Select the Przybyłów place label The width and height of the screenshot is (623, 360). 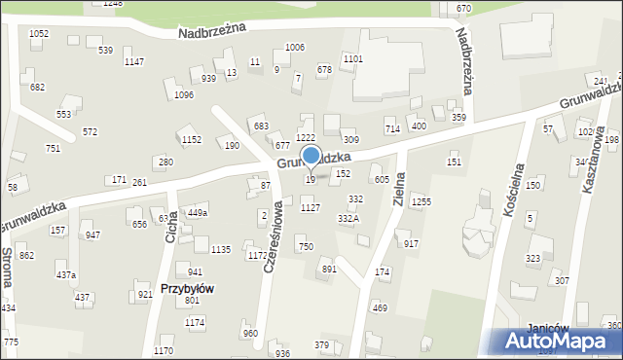187,289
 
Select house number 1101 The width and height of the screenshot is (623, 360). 353,59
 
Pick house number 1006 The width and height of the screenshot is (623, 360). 294,48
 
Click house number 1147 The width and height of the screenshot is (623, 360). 134,62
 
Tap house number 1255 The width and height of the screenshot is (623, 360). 421,201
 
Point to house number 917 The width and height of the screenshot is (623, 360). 411,244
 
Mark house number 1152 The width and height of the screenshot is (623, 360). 192,140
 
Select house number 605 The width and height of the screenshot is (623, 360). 382,180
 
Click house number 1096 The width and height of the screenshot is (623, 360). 183,95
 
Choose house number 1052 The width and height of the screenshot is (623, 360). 39,34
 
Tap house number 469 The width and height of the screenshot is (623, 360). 380,308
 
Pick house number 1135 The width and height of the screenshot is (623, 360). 221,250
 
